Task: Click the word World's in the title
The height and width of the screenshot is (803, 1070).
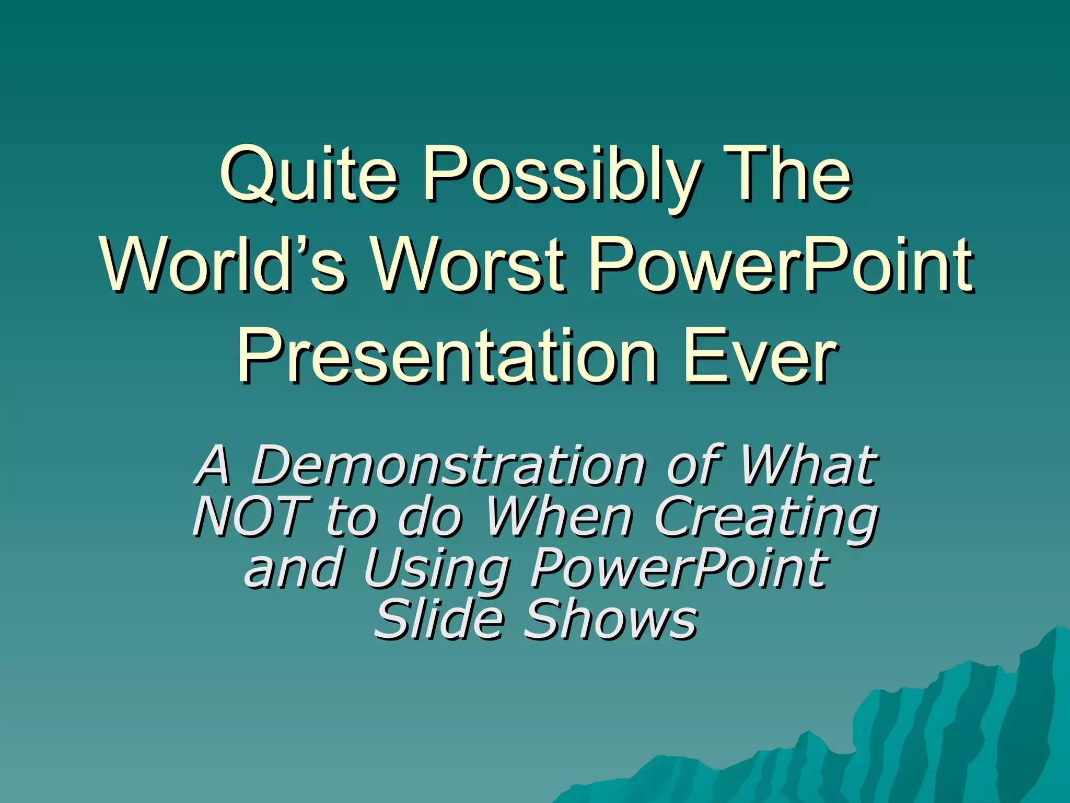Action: click(x=223, y=263)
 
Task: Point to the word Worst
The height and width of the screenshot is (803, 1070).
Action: click(x=468, y=263)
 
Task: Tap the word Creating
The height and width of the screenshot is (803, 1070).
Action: click(x=766, y=518)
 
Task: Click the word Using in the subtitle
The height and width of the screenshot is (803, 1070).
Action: click(x=437, y=569)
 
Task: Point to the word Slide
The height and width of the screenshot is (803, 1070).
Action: click(x=439, y=619)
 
